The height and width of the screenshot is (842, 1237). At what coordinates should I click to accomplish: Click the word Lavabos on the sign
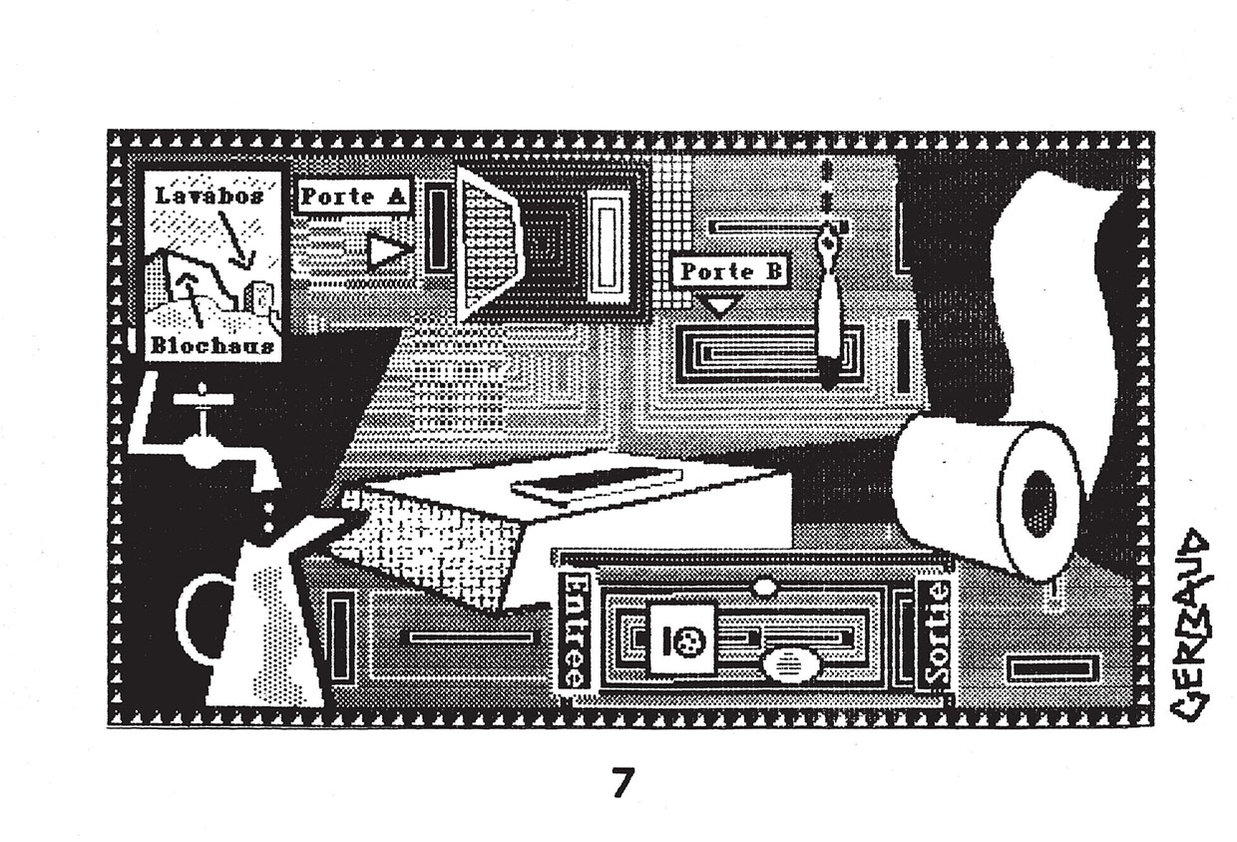click(209, 197)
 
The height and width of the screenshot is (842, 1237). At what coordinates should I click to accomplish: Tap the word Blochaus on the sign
click(211, 346)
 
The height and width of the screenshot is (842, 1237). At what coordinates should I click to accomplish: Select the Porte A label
click(353, 197)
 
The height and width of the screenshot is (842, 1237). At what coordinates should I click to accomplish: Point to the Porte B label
click(731, 270)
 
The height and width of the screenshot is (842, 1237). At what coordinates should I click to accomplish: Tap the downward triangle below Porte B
click(719, 305)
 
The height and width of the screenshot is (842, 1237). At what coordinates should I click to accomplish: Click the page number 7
click(622, 784)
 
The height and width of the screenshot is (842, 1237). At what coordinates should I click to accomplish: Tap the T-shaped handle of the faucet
click(203, 399)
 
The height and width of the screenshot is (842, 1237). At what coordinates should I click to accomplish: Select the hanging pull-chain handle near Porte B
click(828, 309)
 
